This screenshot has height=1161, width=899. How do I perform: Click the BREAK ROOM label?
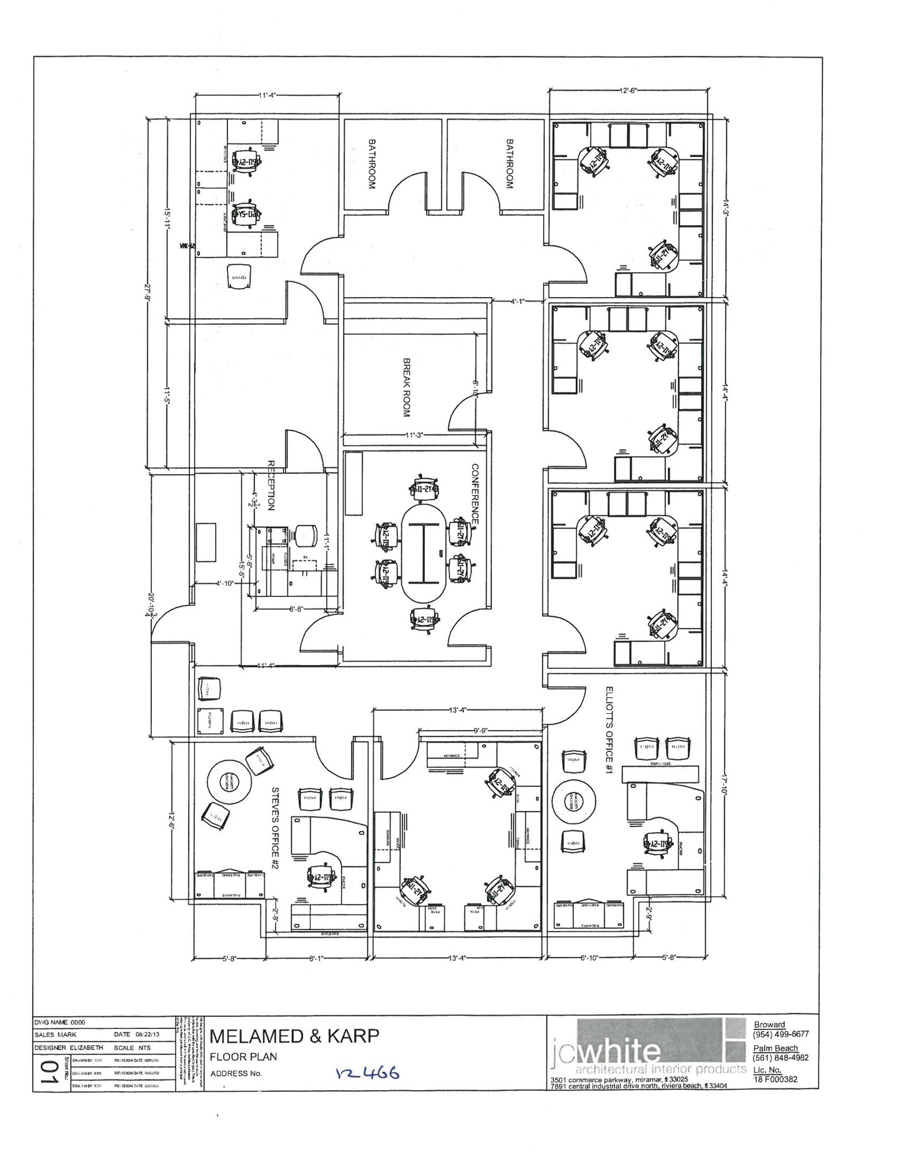[406, 387]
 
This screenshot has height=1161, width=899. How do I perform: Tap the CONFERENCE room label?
[475, 494]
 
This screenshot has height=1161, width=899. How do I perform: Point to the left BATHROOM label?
[372, 164]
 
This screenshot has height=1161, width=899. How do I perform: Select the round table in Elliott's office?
[574, 801]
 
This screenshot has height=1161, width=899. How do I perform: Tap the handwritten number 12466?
[368, 1074]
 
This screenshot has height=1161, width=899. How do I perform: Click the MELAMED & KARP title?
[294, 1037]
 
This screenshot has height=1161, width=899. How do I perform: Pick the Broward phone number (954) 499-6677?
[781, 1034]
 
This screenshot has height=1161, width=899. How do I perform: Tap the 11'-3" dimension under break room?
[414, 435]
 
